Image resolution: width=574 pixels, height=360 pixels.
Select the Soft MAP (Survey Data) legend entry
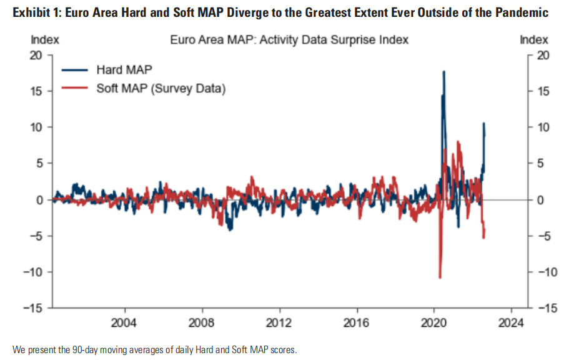coord(161,88)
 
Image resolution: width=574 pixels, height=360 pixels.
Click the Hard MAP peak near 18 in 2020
coord(443,72)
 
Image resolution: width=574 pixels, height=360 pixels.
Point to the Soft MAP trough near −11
coord(440,277)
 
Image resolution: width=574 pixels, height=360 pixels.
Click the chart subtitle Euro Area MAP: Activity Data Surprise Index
coord(289,40)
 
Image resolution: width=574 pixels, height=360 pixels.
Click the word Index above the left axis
coord(45,40)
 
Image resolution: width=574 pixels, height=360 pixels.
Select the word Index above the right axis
coord(534,40)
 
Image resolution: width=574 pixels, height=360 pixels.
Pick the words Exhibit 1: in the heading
coord(29,12)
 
